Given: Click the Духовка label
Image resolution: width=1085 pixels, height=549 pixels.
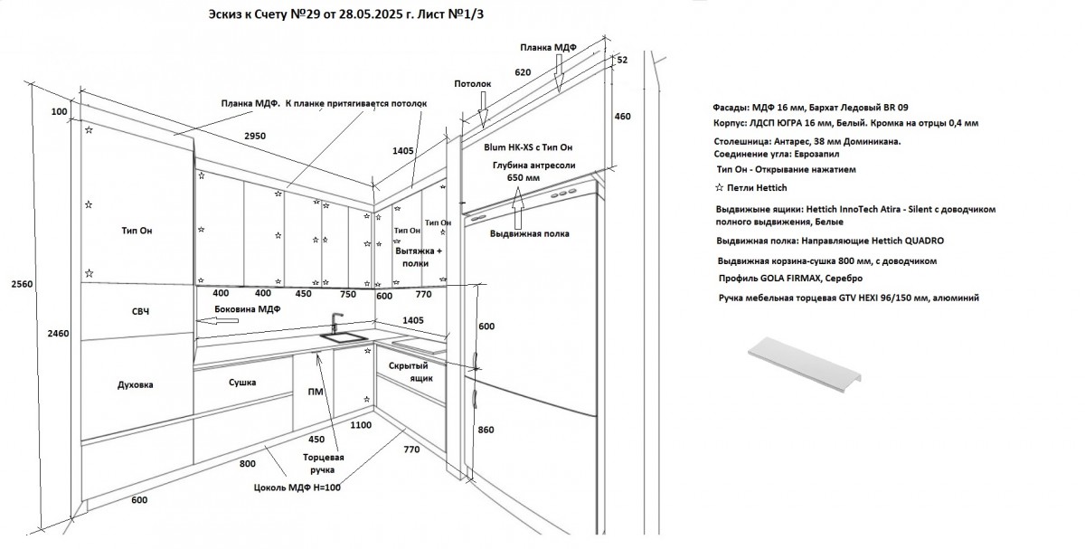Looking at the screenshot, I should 135,384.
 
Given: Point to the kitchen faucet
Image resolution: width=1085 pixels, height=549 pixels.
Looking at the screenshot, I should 335,323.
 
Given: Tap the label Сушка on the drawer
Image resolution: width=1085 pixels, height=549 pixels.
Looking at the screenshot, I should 241,383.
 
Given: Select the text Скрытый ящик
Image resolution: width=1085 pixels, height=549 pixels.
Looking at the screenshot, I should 408,372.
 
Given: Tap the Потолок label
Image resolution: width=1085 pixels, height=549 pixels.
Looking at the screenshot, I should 472,83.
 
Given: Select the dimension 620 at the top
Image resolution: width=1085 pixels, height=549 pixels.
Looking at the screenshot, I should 523,71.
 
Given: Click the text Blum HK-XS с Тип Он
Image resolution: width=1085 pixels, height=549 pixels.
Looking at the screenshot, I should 529,147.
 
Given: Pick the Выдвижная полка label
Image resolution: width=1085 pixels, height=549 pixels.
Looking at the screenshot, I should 529,233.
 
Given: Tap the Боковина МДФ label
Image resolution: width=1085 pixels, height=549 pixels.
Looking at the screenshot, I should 247,309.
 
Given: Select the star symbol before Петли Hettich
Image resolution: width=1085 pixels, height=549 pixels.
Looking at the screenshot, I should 719,187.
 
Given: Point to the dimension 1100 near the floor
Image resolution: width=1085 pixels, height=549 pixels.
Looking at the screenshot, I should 361,424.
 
